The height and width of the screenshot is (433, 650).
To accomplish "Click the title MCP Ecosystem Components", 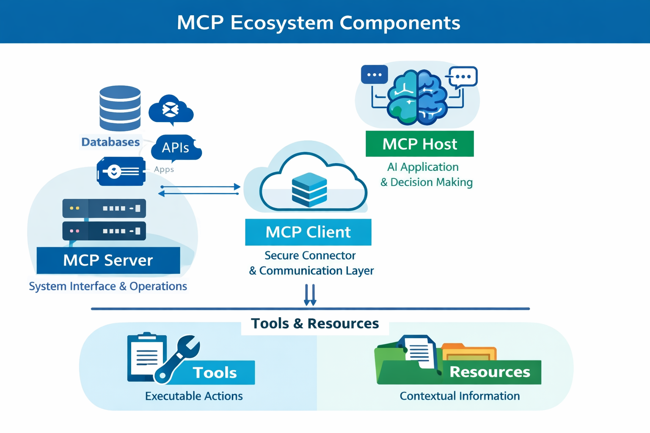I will coord(318,22).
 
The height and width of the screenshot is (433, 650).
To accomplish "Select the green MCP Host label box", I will coord(419,144).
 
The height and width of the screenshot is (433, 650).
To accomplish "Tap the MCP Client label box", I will coord(308,232).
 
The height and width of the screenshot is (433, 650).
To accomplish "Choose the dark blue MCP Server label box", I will coord(108,260).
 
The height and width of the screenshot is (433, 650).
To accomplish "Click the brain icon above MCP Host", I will coord(417,97).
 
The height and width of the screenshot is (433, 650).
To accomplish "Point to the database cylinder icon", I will coord(120,108).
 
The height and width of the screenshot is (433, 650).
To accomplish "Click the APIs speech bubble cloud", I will coord(176,148).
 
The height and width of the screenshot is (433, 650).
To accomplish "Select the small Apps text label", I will coord(164,170).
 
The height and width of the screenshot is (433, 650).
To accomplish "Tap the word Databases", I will coord(110,142).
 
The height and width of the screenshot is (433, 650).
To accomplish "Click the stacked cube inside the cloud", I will coord(309,189).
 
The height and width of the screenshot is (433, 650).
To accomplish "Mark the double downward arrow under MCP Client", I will coord(310,295).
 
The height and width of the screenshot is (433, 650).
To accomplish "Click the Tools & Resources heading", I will coord(315,323).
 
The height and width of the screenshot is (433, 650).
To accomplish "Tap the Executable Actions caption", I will coord(194,396).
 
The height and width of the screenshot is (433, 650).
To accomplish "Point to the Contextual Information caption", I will coord(460,396).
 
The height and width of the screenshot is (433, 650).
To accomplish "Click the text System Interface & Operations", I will coord(108,286).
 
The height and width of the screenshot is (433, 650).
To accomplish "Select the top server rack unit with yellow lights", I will coord(104,208).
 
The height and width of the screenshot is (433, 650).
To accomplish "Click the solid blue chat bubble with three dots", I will coord(374,75).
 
